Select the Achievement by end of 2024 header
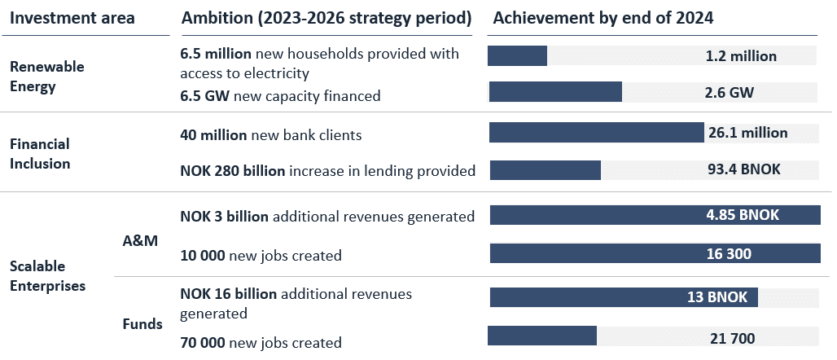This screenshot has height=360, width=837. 603,18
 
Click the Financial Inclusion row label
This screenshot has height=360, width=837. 40,153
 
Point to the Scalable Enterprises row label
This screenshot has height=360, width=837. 47,276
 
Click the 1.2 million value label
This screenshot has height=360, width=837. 741,56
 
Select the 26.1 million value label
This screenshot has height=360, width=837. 747,133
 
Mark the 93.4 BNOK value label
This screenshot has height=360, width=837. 744,170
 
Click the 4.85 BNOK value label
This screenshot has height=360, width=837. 743,215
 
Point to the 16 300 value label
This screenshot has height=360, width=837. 729,254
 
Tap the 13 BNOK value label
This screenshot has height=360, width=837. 717,297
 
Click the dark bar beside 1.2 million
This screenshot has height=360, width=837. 517,56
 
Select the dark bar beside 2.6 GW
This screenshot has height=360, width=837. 554,92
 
